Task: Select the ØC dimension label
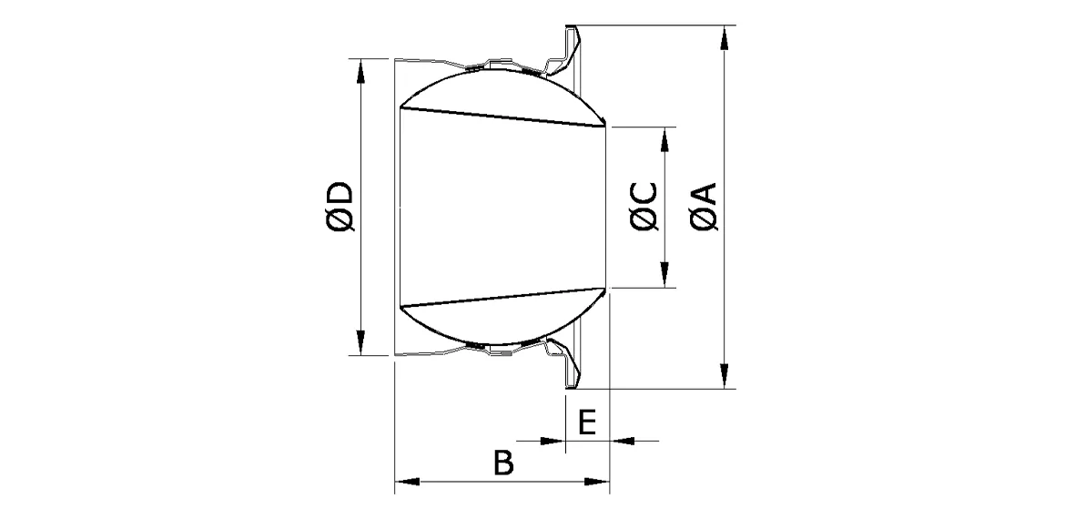tap(644, 208)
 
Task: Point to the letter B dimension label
tap(502, 463)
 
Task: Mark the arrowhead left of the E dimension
tap(553, 441)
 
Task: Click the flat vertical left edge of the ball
tap(401, 208)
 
